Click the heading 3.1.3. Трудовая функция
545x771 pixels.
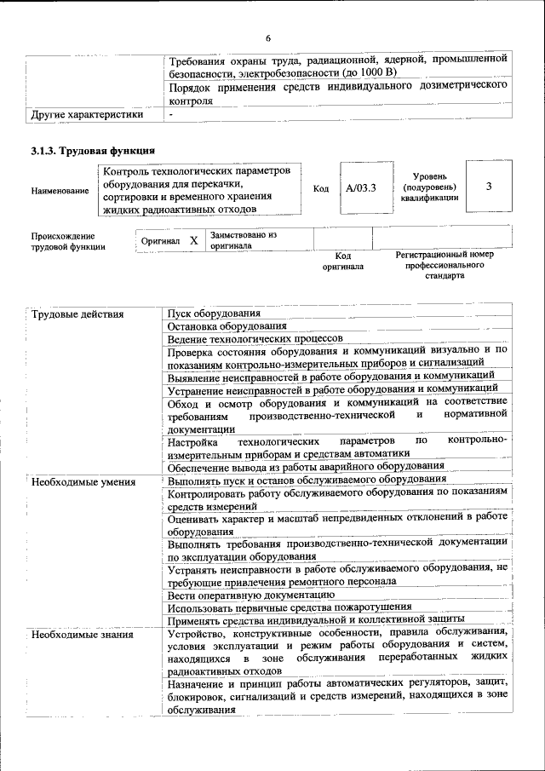92,151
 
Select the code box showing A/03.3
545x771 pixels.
361,187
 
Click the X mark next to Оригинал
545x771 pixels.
193,241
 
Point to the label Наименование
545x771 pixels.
60,192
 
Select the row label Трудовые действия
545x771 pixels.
77,314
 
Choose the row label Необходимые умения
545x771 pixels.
83,481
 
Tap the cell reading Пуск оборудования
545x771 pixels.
214,314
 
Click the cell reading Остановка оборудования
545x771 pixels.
227,326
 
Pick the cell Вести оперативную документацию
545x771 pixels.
250,595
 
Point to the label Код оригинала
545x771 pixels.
342,260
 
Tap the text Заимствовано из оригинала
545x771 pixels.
243,239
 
